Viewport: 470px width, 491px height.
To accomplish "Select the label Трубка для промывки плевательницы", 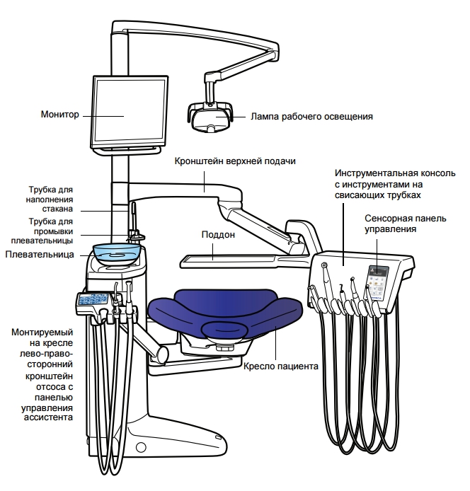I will click(x=50, y=231).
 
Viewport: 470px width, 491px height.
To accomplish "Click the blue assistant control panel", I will click(x=93, y=300).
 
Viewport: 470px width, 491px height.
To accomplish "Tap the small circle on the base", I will click(x=140, y=446).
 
